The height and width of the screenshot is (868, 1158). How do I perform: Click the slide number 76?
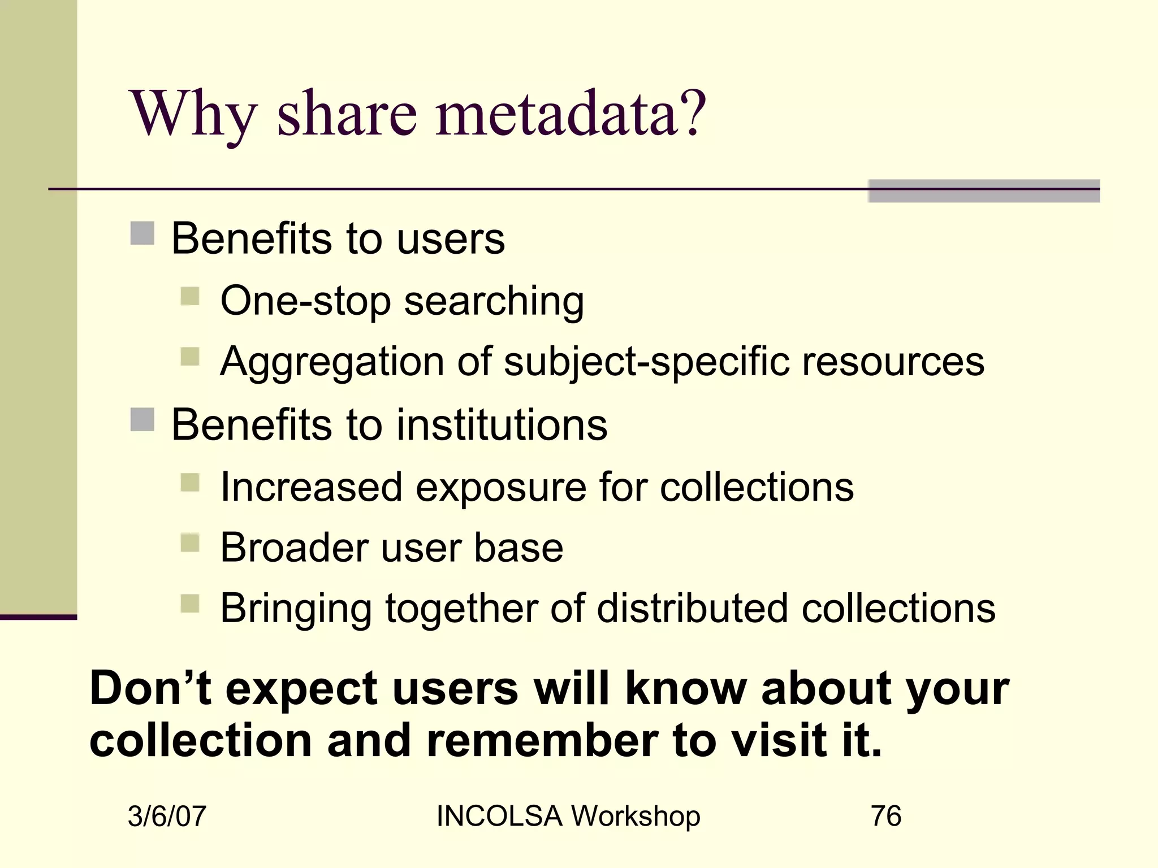pyautogui.click(x=886, y=816)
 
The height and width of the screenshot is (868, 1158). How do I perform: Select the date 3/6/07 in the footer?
pyautogui.click(x=167, y=817)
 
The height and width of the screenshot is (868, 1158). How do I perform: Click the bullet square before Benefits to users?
pyautogui.click(x=142, y=233)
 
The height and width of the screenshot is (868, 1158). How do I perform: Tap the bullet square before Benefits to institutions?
pyautogui.click(x=142, y=420)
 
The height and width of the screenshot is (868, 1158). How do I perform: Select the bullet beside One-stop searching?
pyautogui.click(x=190, y=296)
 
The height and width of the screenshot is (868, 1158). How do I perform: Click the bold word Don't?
pyautogui.click(x=151, y=688)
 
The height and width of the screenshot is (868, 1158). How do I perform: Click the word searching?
pyautogui.click(x=494, y=302)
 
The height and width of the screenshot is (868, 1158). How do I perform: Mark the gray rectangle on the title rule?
pyautogui.click(x=984, y=191)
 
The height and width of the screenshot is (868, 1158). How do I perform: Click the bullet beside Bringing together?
pyautogui.click(x=190, y=604)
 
